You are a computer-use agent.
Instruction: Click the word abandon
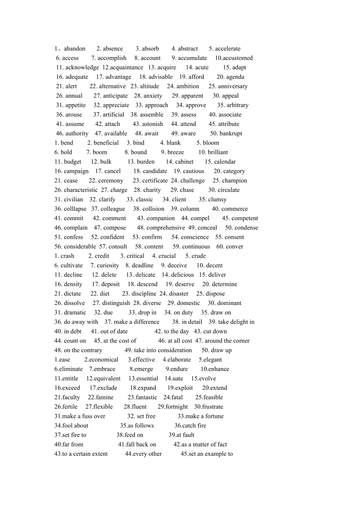point(74,49)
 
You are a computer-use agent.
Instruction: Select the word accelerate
point(228,49)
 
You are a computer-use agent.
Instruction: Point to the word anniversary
point(233,86)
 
